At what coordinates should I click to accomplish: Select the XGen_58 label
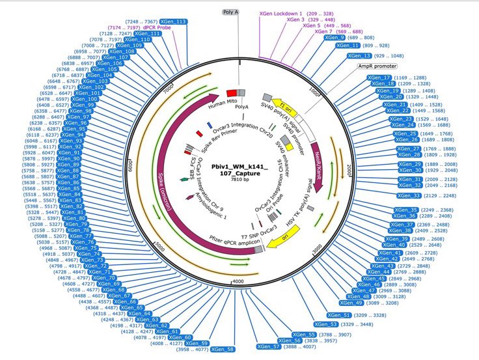pyautogui.click(x=221, y=350)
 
